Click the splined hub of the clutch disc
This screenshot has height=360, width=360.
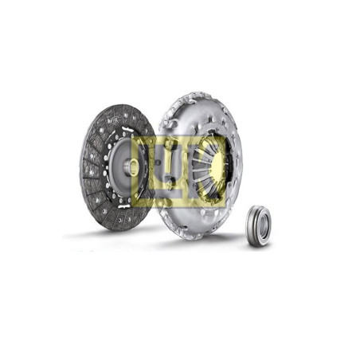130,166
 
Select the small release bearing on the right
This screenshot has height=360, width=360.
259,226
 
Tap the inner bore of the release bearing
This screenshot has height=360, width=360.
262,226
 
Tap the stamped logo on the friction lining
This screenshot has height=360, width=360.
112,119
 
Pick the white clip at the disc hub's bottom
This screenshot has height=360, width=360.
124,205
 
